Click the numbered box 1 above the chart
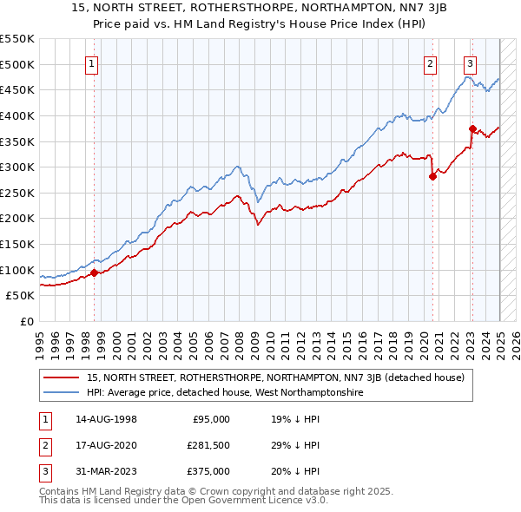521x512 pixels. [92, 62]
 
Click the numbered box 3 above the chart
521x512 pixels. [470, 62]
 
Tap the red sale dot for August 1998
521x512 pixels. [94, 272]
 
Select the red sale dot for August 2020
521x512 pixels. [432, 176]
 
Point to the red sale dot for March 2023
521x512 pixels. [472, 128]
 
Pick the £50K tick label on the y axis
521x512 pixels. [21, 296]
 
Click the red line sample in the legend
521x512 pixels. [62, 377]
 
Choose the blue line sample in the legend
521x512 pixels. [62, 392]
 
